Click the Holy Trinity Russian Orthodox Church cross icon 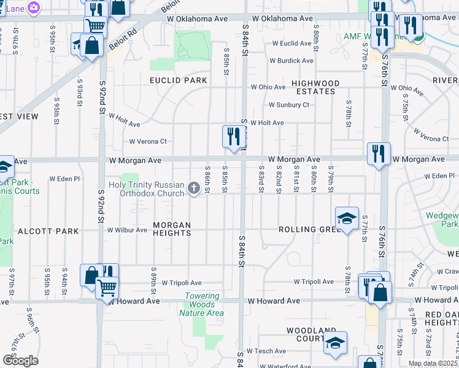(x=194, y=188)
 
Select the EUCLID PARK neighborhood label (x=179, y=80)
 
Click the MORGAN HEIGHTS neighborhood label (x=172, y=229)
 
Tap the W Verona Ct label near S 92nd (x=147, y=142)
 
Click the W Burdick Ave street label (x=291, y=61)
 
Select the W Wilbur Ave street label (x=127, y=231)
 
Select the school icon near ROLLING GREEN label (x=347, y=218)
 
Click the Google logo (x=20, y=361)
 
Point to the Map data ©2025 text (x=432, y=364)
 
